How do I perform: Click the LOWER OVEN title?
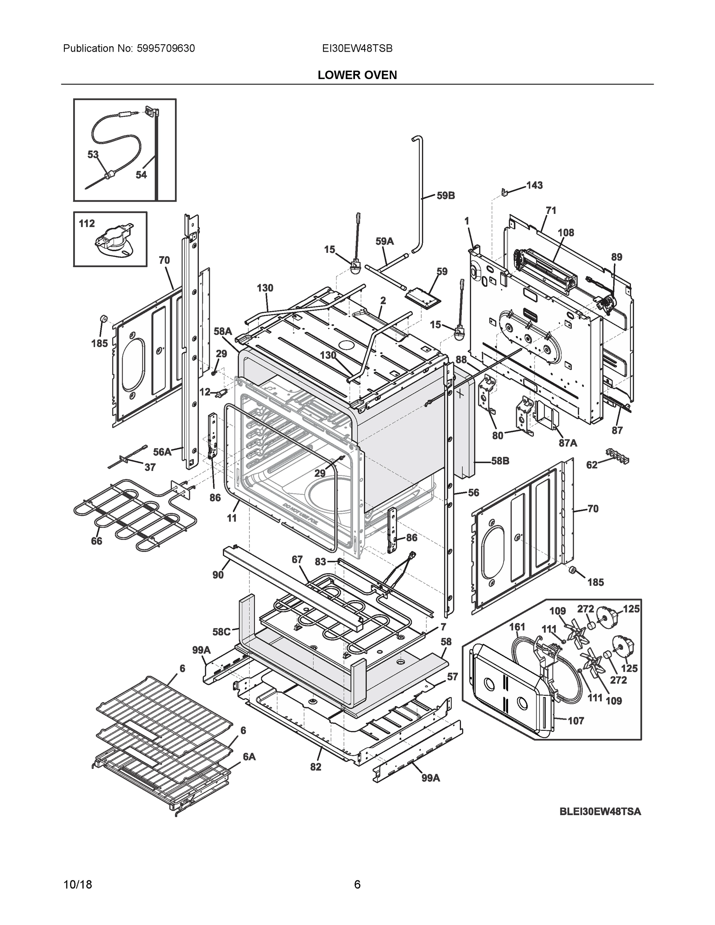(357, 76)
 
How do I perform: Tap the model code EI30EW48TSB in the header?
(357, 49)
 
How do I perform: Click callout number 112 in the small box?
(87, 224)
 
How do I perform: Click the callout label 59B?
(446, 196)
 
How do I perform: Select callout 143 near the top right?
(534, 185)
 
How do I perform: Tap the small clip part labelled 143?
(504, 192)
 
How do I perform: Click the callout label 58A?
(223, 331)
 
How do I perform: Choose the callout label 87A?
(568, 443)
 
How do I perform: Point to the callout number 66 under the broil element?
(97, 541)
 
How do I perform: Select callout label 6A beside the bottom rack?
(249, 757)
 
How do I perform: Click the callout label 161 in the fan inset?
(517, 627)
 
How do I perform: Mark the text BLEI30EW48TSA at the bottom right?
(600, 812)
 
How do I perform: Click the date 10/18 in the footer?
(77, 885)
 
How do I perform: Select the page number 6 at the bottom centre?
(357, 885)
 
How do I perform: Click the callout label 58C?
(221, 632)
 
